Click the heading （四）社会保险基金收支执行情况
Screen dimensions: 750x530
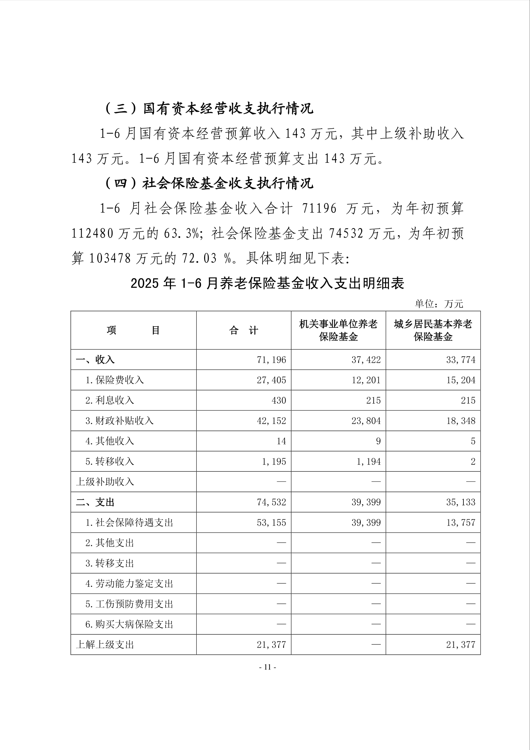click(x=209, y=183)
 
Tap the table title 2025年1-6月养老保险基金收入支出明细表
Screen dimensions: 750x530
click(x=267, y=284)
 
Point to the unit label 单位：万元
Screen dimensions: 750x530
click(x=439, y=304)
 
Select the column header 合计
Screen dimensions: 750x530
click(x=244, y=331)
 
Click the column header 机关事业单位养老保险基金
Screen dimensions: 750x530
click(x=338, y=330)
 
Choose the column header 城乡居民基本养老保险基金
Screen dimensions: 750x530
click(x=433, y=330)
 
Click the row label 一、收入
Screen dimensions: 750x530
click(x=95, y=360)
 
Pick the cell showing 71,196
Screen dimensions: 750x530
click(x=271, y=360)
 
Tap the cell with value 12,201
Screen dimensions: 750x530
click(x=366, y=380)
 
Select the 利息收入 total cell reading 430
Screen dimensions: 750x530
click(x=279, y=400)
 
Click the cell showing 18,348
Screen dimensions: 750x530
click(x=461, y=421)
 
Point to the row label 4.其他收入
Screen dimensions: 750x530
click(x=110, y=441)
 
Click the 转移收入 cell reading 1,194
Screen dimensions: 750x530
click(x=368, y=462)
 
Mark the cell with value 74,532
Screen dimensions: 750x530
click(x=271, y=502)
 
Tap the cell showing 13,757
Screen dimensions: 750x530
click(x=461, y=523)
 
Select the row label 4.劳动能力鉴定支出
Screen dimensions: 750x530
click(x=129, y=584)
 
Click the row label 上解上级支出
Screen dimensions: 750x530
click(x=105, y=645)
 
